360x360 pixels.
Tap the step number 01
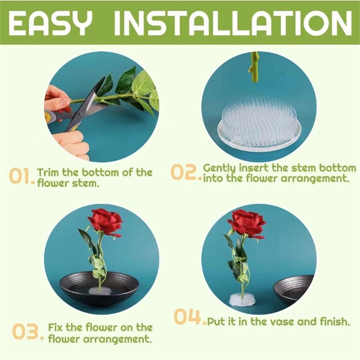22,176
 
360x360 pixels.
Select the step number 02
186,172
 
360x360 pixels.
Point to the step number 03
28,332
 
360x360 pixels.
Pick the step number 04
190,317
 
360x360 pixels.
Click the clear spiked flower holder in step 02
259,125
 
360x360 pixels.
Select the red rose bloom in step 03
105,222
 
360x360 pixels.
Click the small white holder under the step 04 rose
242,299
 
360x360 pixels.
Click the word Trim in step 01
47,172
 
